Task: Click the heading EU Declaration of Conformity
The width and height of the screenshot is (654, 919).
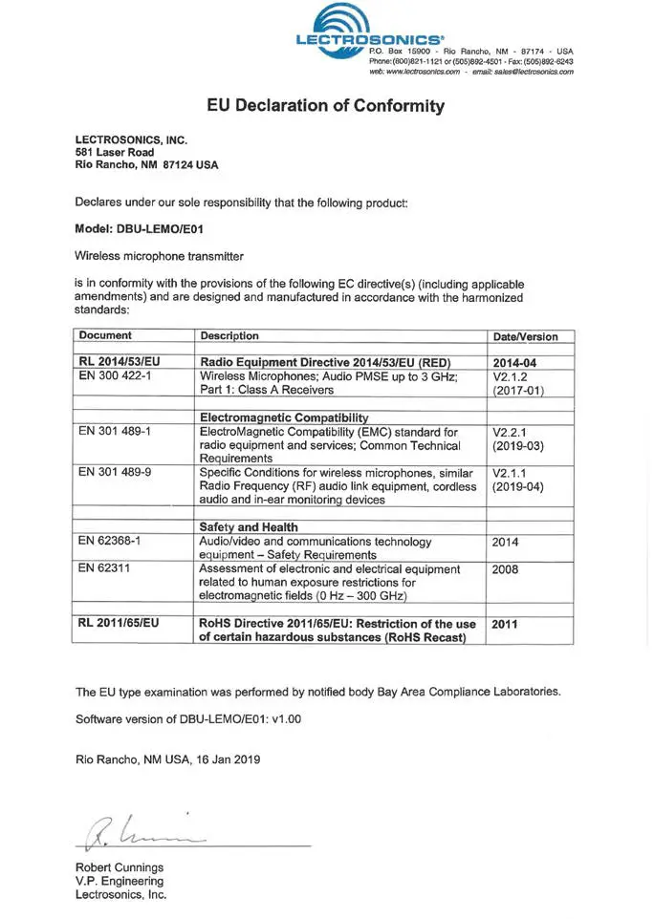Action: (326, 105)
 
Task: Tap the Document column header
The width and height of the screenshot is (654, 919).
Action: (105, 336)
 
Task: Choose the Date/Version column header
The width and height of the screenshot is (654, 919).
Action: (531, 337)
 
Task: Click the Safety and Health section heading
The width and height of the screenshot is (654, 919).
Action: (248, 526)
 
